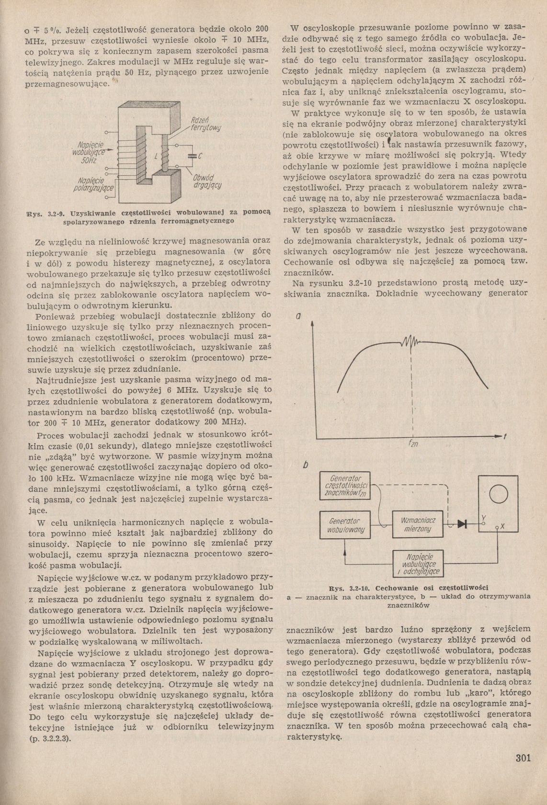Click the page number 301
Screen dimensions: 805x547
523,758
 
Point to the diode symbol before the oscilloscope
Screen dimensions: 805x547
462,524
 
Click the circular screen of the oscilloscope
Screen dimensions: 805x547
498,493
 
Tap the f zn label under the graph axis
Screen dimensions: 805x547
413,444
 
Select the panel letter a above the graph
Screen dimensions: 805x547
298,317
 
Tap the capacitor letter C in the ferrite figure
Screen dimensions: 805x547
200,156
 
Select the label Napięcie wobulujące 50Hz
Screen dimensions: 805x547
89,152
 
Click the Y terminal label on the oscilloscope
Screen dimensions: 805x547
483,518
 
